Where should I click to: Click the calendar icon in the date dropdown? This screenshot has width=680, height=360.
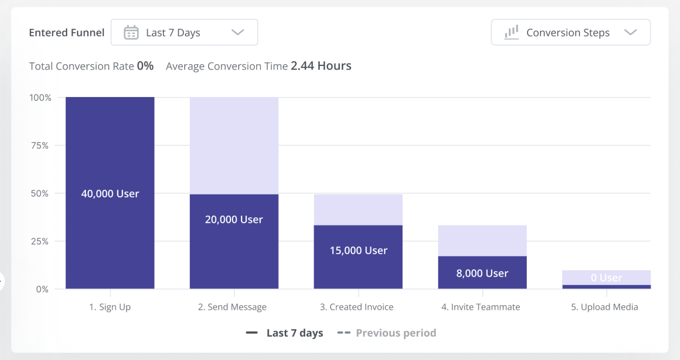(131, 32)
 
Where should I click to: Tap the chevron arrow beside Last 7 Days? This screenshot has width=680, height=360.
(238, 32)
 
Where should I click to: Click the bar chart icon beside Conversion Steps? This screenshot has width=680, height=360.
(511, 32)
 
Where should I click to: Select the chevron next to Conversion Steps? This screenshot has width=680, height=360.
(630, 32)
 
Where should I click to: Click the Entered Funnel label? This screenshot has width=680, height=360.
(67, 33)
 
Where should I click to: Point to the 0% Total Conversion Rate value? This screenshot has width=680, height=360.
(145, 66)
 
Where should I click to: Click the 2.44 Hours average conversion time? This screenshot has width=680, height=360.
(321, 66)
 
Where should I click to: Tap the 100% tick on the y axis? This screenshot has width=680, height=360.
(40, 97)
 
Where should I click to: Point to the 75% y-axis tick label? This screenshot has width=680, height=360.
(40, 146)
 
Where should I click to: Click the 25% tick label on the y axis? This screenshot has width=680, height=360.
(40, 241)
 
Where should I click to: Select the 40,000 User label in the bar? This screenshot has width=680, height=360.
(110, 194)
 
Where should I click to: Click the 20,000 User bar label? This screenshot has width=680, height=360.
(234, 220)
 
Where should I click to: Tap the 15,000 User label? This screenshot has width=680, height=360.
(358, 251)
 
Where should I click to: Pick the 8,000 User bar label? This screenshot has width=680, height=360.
(482, 274)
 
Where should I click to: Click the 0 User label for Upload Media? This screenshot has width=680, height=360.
(606, 278)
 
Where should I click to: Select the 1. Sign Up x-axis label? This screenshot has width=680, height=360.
(110, 307)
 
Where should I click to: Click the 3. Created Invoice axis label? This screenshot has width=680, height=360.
(356, 307)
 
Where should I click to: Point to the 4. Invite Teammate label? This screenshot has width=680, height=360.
(480, 307)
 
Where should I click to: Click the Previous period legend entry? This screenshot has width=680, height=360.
(395, 333)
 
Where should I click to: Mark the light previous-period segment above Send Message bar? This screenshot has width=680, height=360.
(234, 145)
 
